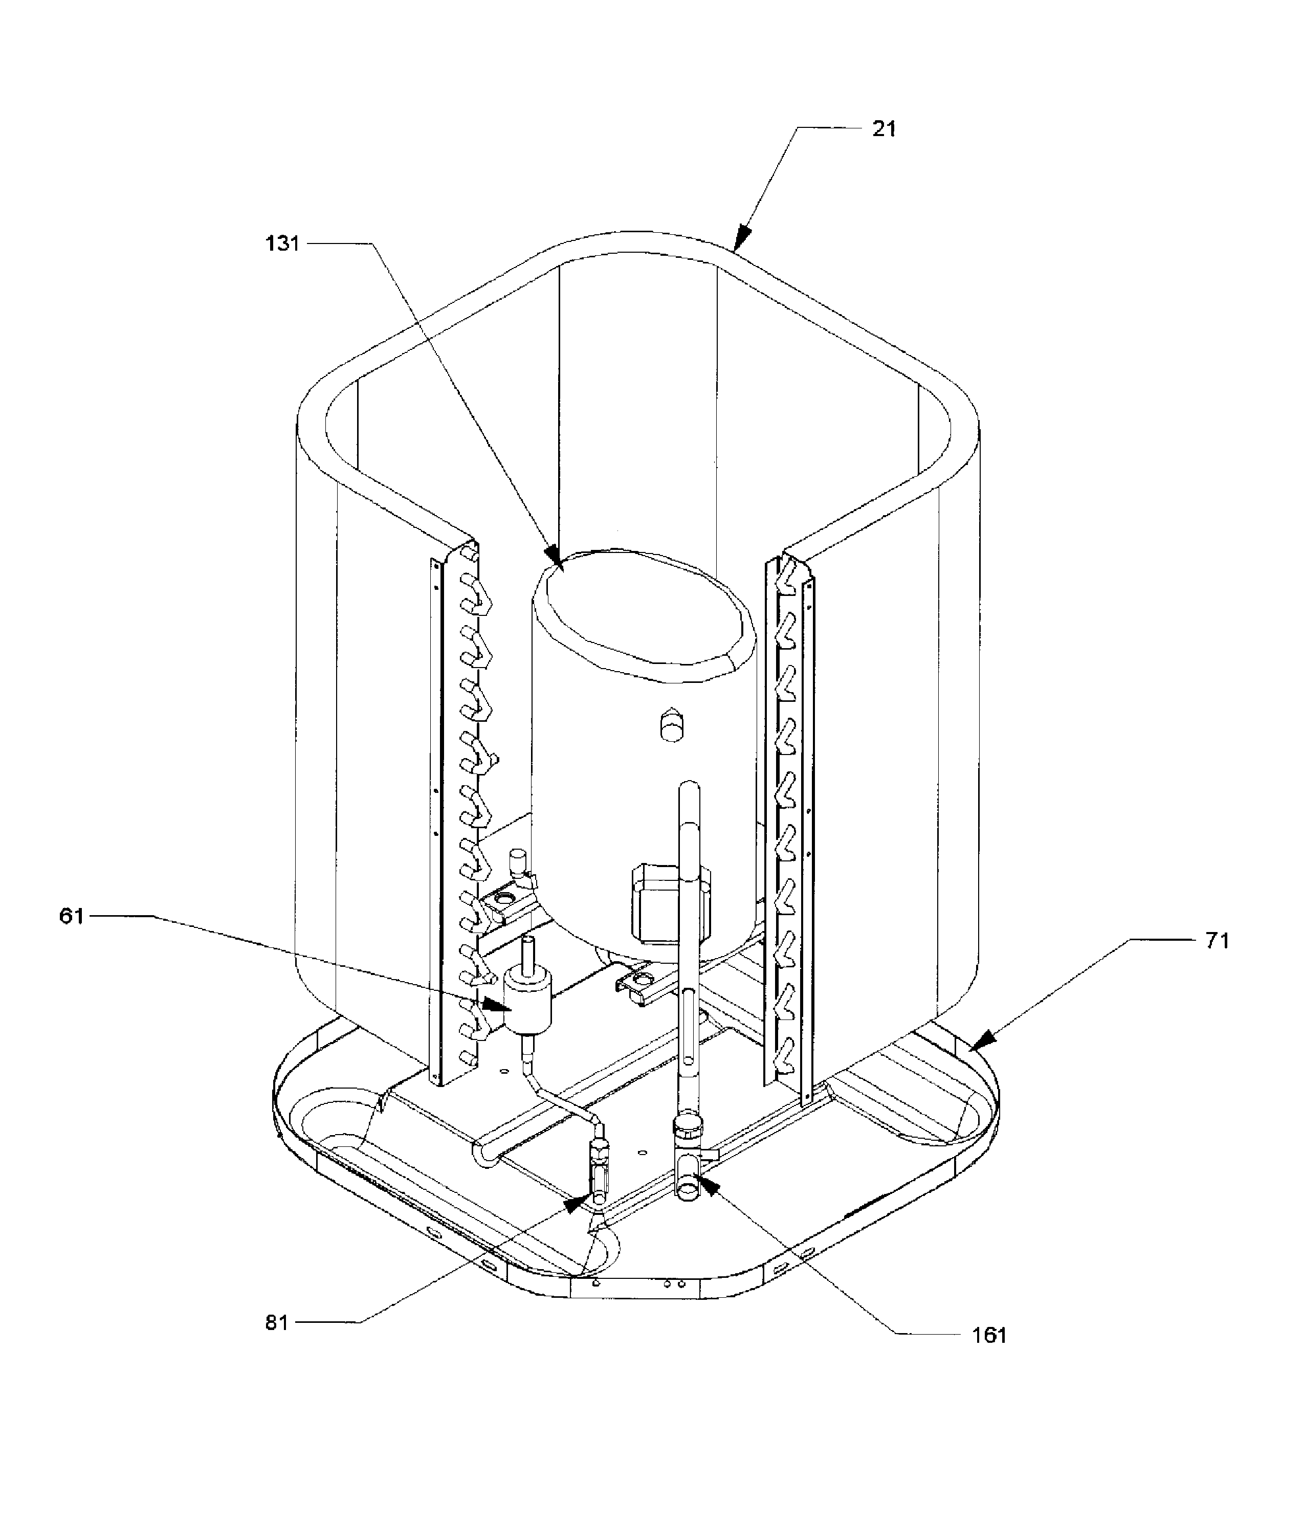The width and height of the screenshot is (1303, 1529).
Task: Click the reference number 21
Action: (x=884, y=129)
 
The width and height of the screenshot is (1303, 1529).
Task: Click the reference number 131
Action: (x=282, y=243)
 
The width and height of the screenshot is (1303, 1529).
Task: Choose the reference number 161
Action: (x=989, y=1336)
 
